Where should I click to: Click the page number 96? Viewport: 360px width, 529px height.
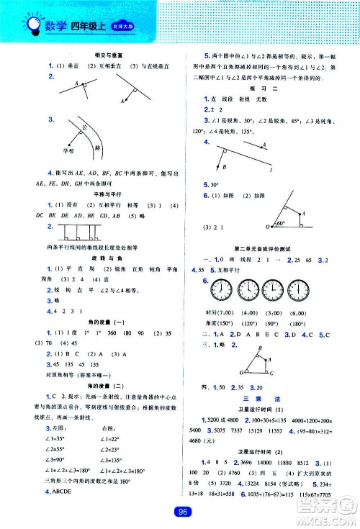[180, 512]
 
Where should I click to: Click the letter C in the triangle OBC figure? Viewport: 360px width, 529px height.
[269, 373]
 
